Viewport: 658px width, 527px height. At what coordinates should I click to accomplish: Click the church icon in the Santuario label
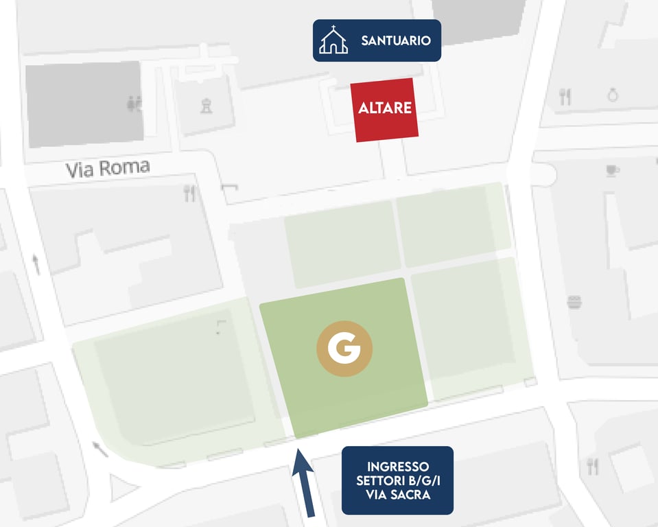333,40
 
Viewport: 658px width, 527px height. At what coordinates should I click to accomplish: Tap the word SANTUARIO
396,40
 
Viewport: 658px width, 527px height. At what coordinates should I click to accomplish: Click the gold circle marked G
344,349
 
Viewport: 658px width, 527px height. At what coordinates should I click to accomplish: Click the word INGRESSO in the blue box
398,466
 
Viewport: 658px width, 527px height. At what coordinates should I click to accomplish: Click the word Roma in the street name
128,167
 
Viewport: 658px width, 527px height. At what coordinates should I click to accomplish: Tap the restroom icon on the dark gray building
134,104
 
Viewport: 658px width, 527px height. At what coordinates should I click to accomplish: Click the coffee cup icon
613,170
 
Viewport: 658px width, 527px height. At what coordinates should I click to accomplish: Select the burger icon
574,301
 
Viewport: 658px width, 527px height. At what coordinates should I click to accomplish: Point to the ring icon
613,95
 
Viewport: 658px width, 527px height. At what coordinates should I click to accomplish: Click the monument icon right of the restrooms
205,105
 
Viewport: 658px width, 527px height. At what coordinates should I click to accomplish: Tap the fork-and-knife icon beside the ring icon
565,97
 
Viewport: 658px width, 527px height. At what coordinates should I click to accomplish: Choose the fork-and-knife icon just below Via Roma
190,194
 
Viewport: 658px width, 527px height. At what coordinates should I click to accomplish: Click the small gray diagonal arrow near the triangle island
101,449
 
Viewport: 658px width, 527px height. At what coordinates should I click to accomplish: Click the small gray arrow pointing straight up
36,263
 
